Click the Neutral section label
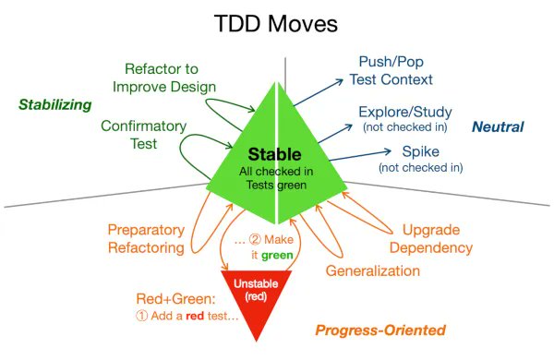point(498,126)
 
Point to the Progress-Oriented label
point(380,330)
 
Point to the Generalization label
point(373,270)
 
